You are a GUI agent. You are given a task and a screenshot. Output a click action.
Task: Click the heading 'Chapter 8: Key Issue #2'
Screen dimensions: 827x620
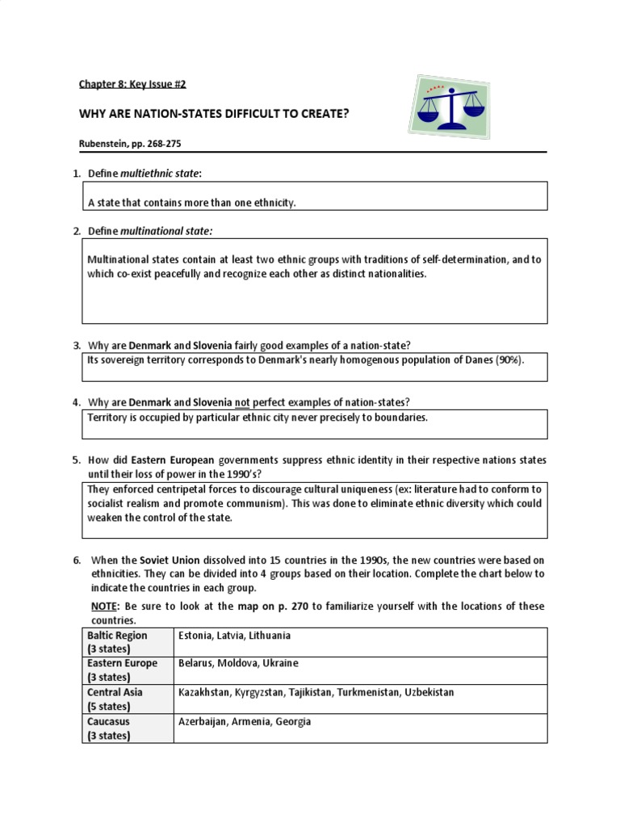tap(126, 84)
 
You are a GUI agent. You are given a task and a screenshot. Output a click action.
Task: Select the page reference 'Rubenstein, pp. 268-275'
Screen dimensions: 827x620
tap(135, 143)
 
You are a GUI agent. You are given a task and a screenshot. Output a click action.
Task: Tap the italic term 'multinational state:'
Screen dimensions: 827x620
tap(166, 231)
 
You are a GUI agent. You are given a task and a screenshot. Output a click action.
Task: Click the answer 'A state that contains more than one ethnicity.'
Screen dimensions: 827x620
tap(191, 203)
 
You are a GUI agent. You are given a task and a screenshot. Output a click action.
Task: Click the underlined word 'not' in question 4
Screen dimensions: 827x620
tap(242, 402)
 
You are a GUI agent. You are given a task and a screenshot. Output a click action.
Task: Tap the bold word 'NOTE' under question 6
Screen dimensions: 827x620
tap(105, 606)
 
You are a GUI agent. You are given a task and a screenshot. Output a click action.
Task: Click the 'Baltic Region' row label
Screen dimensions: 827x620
tap(117, 636)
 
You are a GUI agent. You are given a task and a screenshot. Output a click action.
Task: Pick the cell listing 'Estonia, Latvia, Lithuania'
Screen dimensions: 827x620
tap(234, 636)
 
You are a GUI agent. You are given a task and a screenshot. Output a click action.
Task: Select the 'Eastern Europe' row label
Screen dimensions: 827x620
tap(121, 663)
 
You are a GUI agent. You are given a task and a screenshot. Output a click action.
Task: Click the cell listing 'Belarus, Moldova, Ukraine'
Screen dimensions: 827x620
tap(238, 663)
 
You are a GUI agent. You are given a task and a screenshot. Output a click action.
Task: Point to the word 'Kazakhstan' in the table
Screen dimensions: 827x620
tap(205, 692)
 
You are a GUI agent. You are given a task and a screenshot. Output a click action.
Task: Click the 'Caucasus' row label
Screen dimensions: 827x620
tap(108, 721)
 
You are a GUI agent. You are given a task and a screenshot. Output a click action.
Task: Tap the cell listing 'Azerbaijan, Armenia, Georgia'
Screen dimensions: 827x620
tap(244, 721)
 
